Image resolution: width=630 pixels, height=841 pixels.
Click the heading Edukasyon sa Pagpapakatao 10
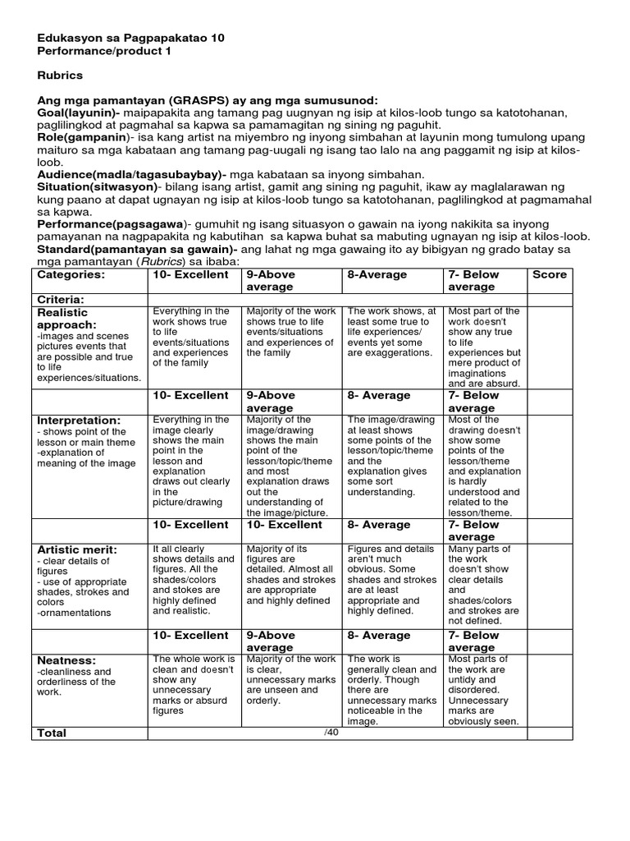click(130, 38)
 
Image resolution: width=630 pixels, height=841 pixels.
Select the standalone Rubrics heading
click(60, 76)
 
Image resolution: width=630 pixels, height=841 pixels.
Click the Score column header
click(549, 274)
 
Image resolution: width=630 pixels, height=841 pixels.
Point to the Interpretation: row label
click(79, 420)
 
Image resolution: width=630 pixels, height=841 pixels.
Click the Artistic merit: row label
click(77, 549)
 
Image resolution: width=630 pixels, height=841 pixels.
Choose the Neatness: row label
click(66, 659)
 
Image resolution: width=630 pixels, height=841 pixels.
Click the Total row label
click(52, 733)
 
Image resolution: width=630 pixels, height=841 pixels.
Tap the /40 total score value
click(331, 732)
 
